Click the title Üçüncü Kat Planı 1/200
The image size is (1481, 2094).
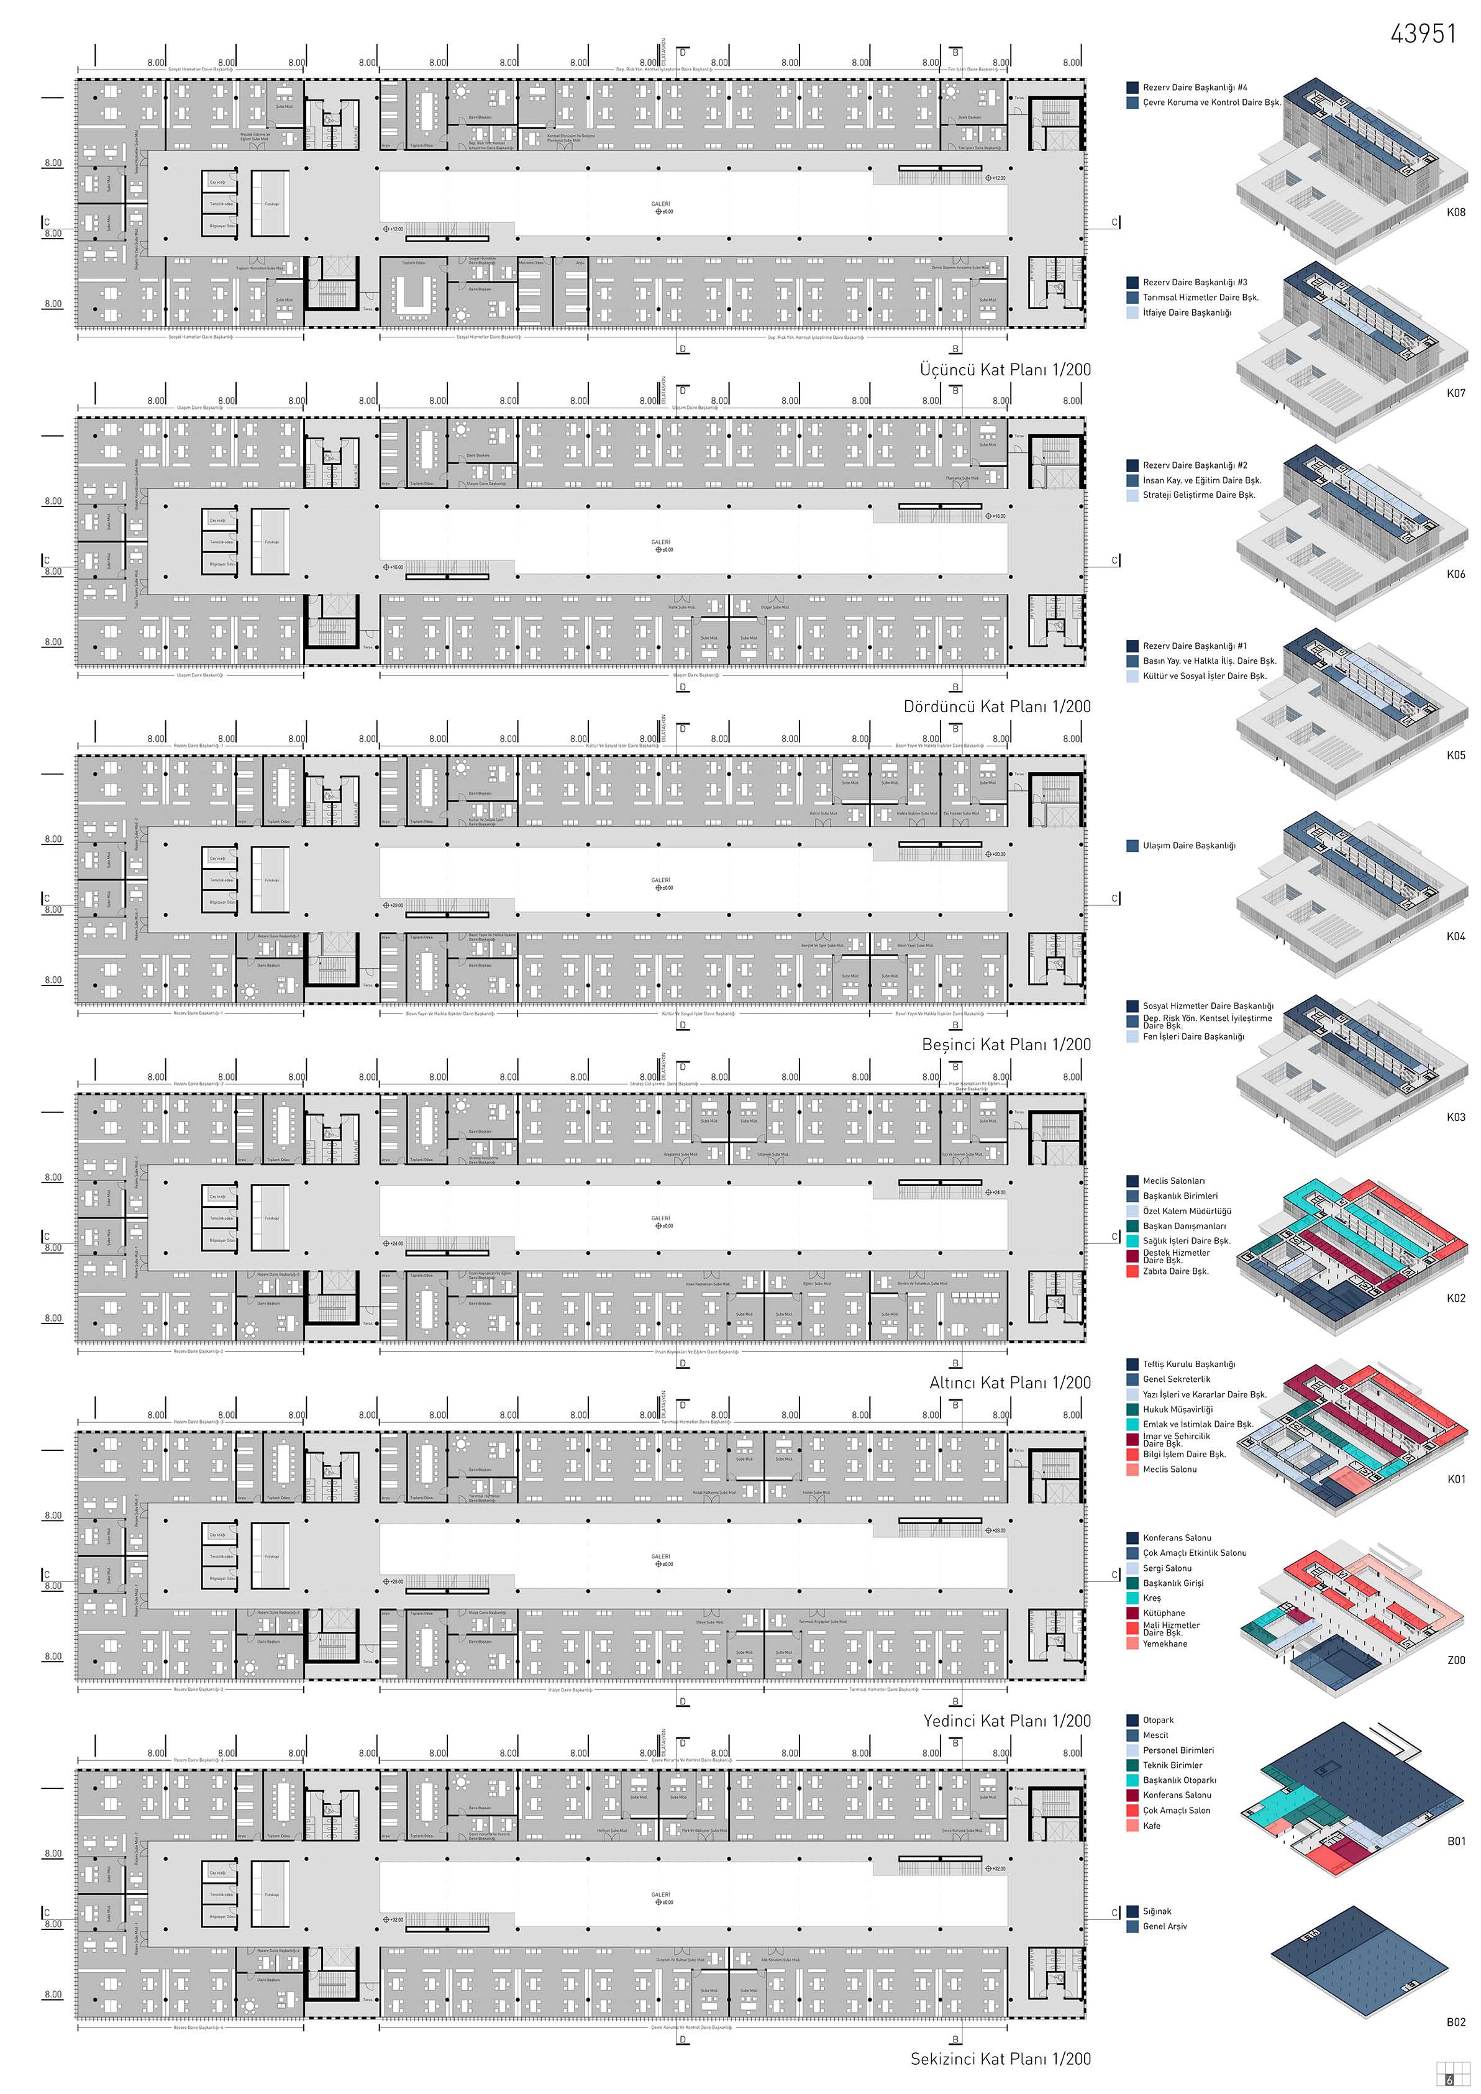coord(1005,370)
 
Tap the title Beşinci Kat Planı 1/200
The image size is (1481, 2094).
coord(1006,1045)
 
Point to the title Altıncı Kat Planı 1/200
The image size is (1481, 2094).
coord(1009,1383)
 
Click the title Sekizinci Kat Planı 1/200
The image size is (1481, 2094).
coord(1000,2059)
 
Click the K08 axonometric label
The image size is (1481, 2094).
coord(1456,213)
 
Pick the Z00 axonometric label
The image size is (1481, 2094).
coord(1456,1660)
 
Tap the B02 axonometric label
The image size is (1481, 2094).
coord(1456,2022)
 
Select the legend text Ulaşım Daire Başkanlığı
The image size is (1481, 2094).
coord(1189,846)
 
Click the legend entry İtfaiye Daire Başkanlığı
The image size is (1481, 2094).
coord(1187,313)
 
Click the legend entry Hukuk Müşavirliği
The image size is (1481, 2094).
coord(1177,1409)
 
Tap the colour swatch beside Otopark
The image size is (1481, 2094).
coord(1132,1720)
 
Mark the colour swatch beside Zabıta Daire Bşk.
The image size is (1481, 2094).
coord(1132,1271)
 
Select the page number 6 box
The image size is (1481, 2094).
coord(1450,2080)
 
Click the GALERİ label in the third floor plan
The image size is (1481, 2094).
coord(660,204)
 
